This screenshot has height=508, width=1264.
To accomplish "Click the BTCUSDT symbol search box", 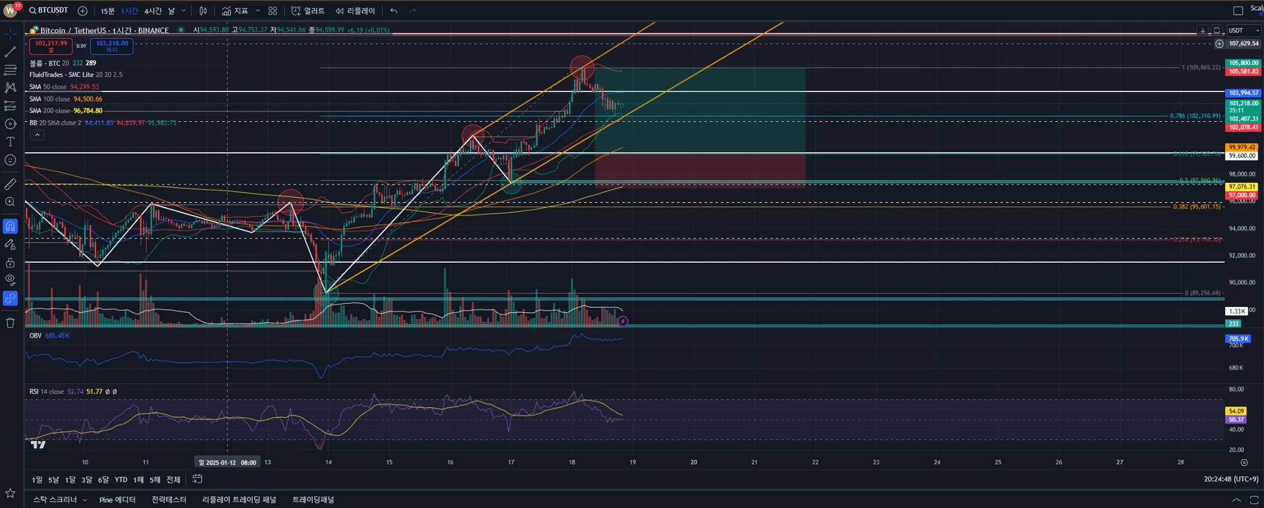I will [49, 11].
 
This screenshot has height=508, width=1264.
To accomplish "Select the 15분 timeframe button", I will [107, 11].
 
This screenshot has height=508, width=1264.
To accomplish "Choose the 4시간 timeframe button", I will [153, 11].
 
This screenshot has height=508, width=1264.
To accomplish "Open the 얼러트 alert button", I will [308, 11].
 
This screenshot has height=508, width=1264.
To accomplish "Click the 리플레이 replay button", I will [355, 11].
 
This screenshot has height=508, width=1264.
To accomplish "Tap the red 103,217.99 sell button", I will [51, 45].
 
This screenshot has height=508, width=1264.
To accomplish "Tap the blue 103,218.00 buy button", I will [112, 45].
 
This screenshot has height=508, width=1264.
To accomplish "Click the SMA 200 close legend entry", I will [65, 111].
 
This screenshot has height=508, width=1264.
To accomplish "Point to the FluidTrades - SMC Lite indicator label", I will [75, 74].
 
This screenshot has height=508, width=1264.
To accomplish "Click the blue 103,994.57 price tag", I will [1243, 93].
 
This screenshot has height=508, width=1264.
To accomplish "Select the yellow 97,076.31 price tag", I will [1242, 186].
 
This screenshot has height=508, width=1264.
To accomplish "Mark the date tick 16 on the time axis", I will [450, 462].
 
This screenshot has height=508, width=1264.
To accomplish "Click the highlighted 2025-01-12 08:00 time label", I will [228, 463].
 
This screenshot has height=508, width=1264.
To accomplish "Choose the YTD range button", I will [121, 480].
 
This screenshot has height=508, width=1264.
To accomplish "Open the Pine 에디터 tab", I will [117, 499].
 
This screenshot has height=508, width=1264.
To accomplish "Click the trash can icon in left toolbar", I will [11, 323].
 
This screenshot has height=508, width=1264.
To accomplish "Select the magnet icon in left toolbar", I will [11, 227].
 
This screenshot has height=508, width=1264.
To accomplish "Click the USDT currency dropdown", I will [1242, 30].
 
